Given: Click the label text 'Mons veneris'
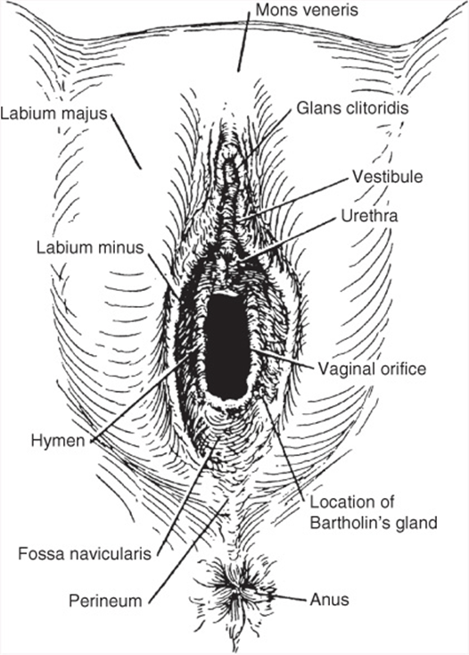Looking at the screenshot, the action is (x=307, y=10).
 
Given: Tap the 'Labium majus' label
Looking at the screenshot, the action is (x=53, y=113).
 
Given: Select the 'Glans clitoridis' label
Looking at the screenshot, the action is (x=352, y=108).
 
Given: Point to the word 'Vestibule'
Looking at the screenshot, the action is (x=388, y=177).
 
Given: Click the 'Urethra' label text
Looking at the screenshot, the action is (x=369, y=216).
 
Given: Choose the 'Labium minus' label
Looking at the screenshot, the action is (x=90, y=247).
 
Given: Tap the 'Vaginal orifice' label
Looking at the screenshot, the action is (x=372, y=369).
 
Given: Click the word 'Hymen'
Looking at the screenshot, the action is (x=58, y=441).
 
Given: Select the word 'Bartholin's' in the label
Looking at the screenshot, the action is (x=349, y=523).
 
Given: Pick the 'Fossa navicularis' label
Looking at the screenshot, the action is (x=85, y=554).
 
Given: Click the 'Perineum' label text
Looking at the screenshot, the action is (x=105, y=601).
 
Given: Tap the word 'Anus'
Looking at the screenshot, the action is (x=329, y=600).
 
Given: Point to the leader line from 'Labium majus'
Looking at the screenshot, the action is (x=127, y=142).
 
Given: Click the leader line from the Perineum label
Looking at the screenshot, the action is (x=187, y=551).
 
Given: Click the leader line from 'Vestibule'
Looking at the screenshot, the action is (x=293, y=197).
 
